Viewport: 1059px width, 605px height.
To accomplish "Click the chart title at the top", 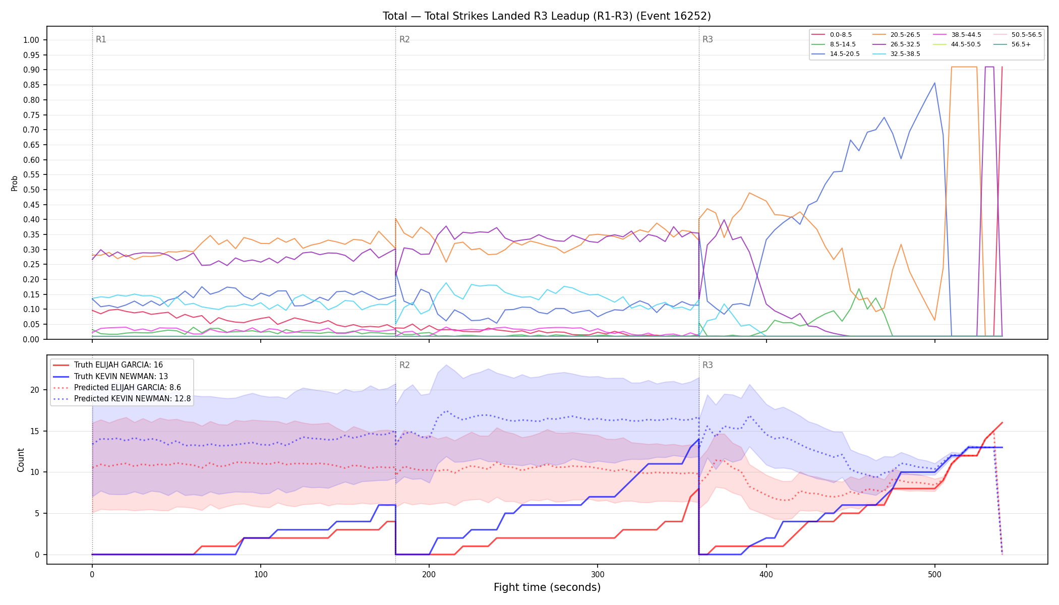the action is tap(547, 16).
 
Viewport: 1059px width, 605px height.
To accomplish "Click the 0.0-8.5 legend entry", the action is tap(832, 35).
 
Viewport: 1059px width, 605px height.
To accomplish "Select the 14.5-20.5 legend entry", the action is tap(836, 54).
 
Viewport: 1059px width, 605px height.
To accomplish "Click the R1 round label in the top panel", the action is tap(101, 39).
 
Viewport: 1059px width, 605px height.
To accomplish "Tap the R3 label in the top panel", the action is tap(708, 39).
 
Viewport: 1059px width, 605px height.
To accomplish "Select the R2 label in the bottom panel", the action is tap(404, 365).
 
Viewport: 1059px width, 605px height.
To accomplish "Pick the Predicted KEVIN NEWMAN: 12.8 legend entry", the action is tap(122, 399).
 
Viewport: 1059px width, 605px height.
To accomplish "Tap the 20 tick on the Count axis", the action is tap(35, 390).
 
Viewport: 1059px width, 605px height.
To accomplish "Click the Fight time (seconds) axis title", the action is tap(547, 587).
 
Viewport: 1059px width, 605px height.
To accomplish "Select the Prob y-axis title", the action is tap(14, 183).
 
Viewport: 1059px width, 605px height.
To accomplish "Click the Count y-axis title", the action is tap(21, 460).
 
